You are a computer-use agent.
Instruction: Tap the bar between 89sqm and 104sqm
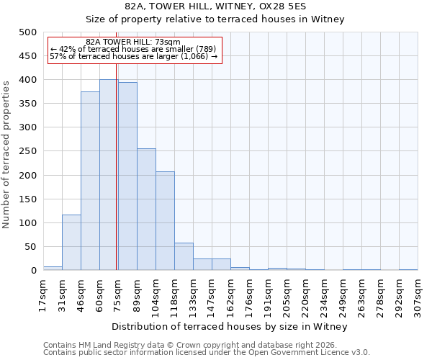click(146, 210)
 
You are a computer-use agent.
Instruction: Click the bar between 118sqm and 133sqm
click(184, 256)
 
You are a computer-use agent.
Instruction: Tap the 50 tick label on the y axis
click(30, 247)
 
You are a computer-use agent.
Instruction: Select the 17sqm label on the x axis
click(43, 295)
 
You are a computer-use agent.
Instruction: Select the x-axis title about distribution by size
click(230, 327)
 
